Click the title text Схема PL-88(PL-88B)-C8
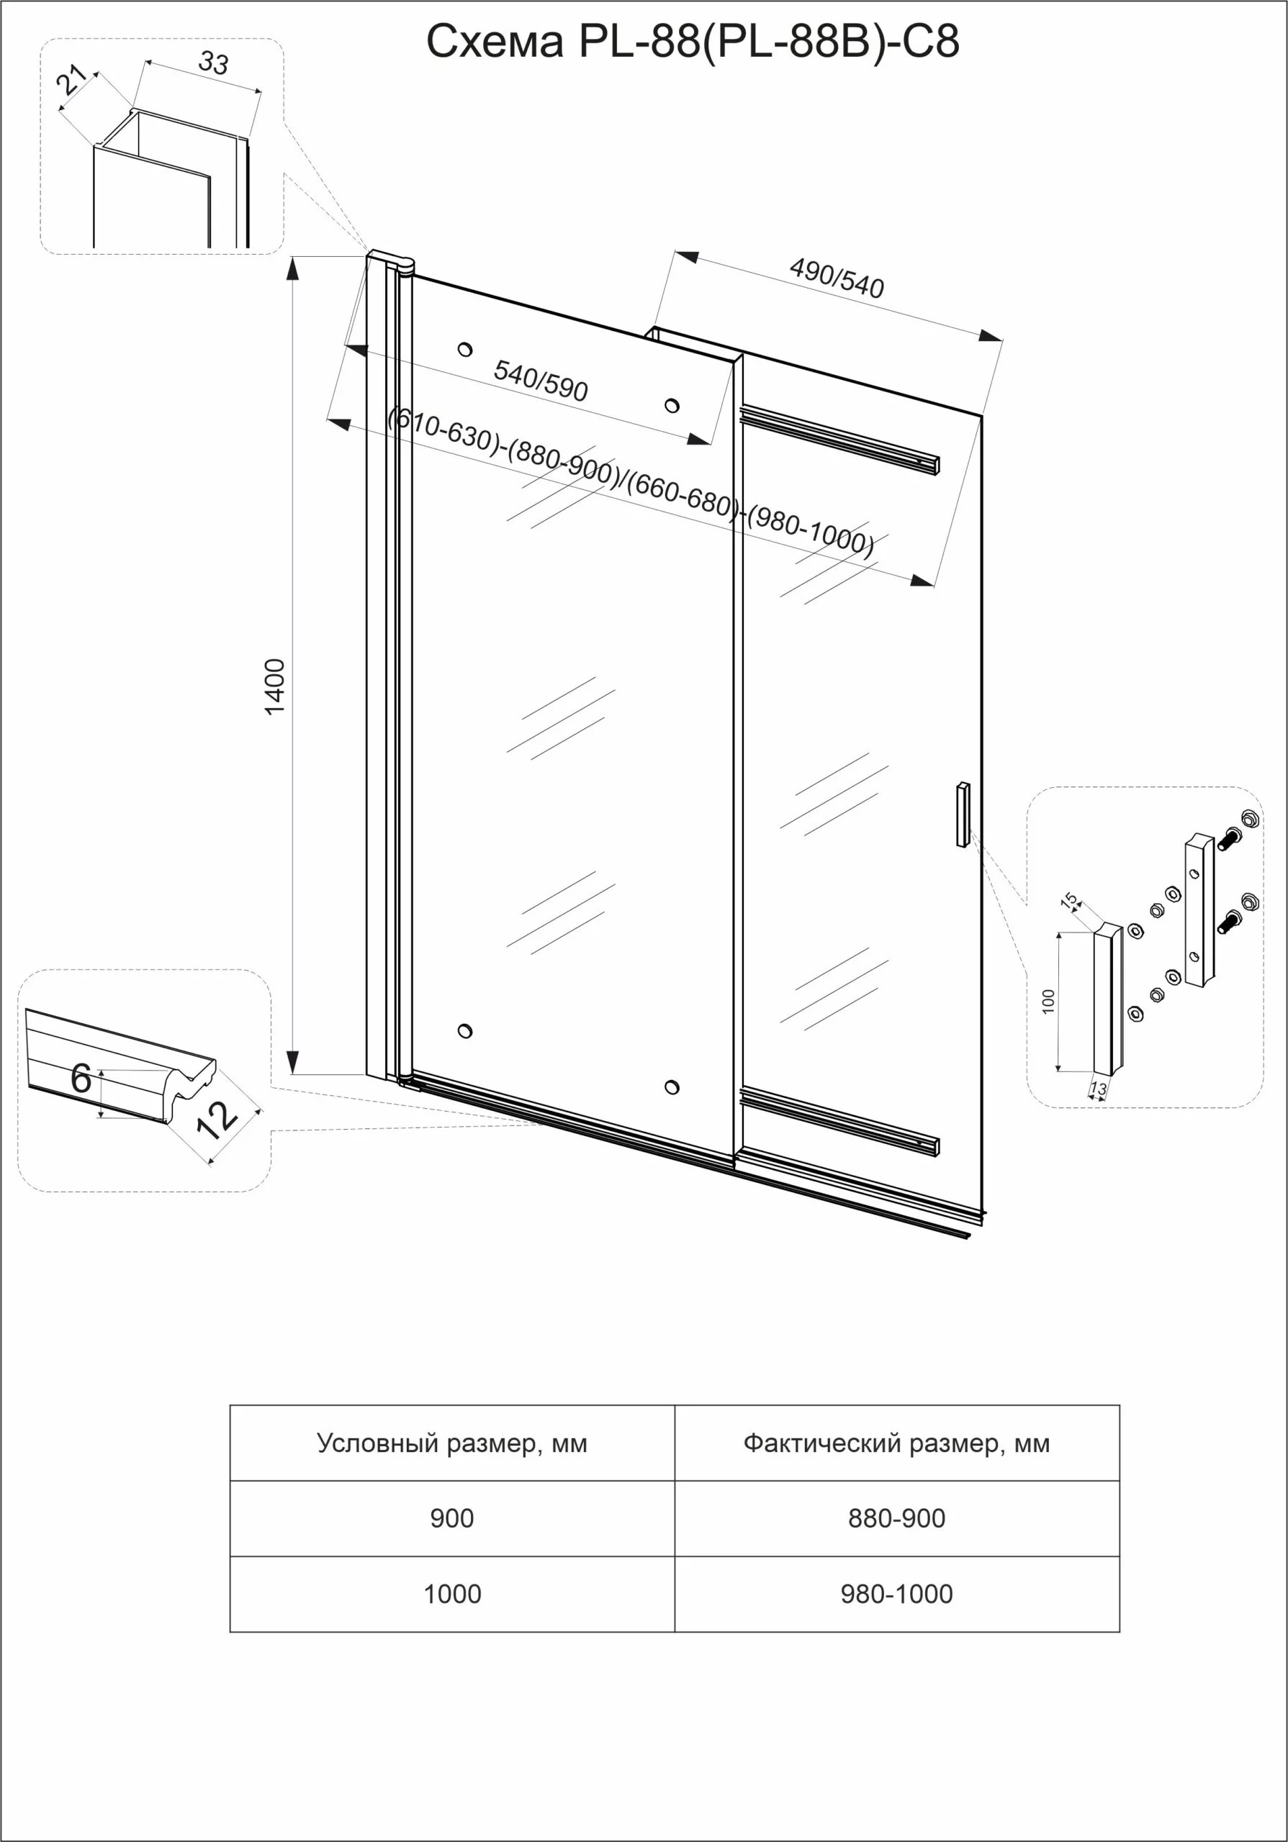(x=692, y=42)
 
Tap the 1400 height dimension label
(x=274, y=686)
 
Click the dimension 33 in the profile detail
(x=213, y=63)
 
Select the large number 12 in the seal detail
(x=217, y=1120)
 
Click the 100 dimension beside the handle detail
(x=1048, y=1001)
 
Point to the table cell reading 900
(x=452, y=1518)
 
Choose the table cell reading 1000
(x=452, y=1593)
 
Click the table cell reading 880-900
(x=896, y=1518)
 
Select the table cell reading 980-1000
(x=896, y=1593)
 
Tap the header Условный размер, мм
(x=452, y=1443)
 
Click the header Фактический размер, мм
(x=896, y=1443)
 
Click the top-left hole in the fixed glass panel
(x=464, y=349)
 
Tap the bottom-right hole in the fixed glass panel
(x=672, y=1087)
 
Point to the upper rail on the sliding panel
(x=839, y=440)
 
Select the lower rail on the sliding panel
(x=839, y=1121)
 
